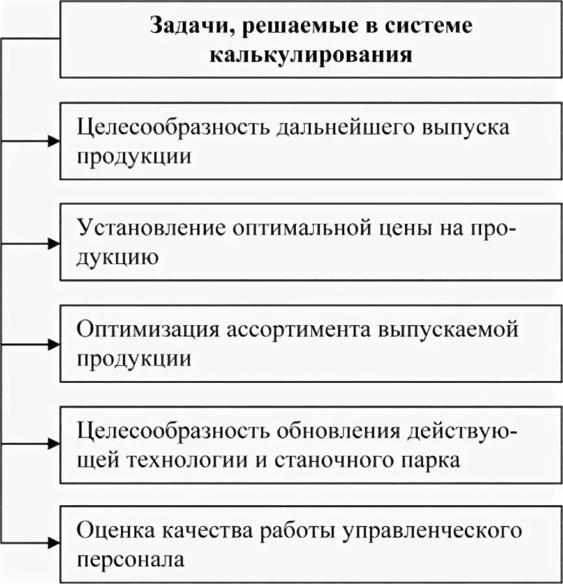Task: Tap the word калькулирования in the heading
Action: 311,54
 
